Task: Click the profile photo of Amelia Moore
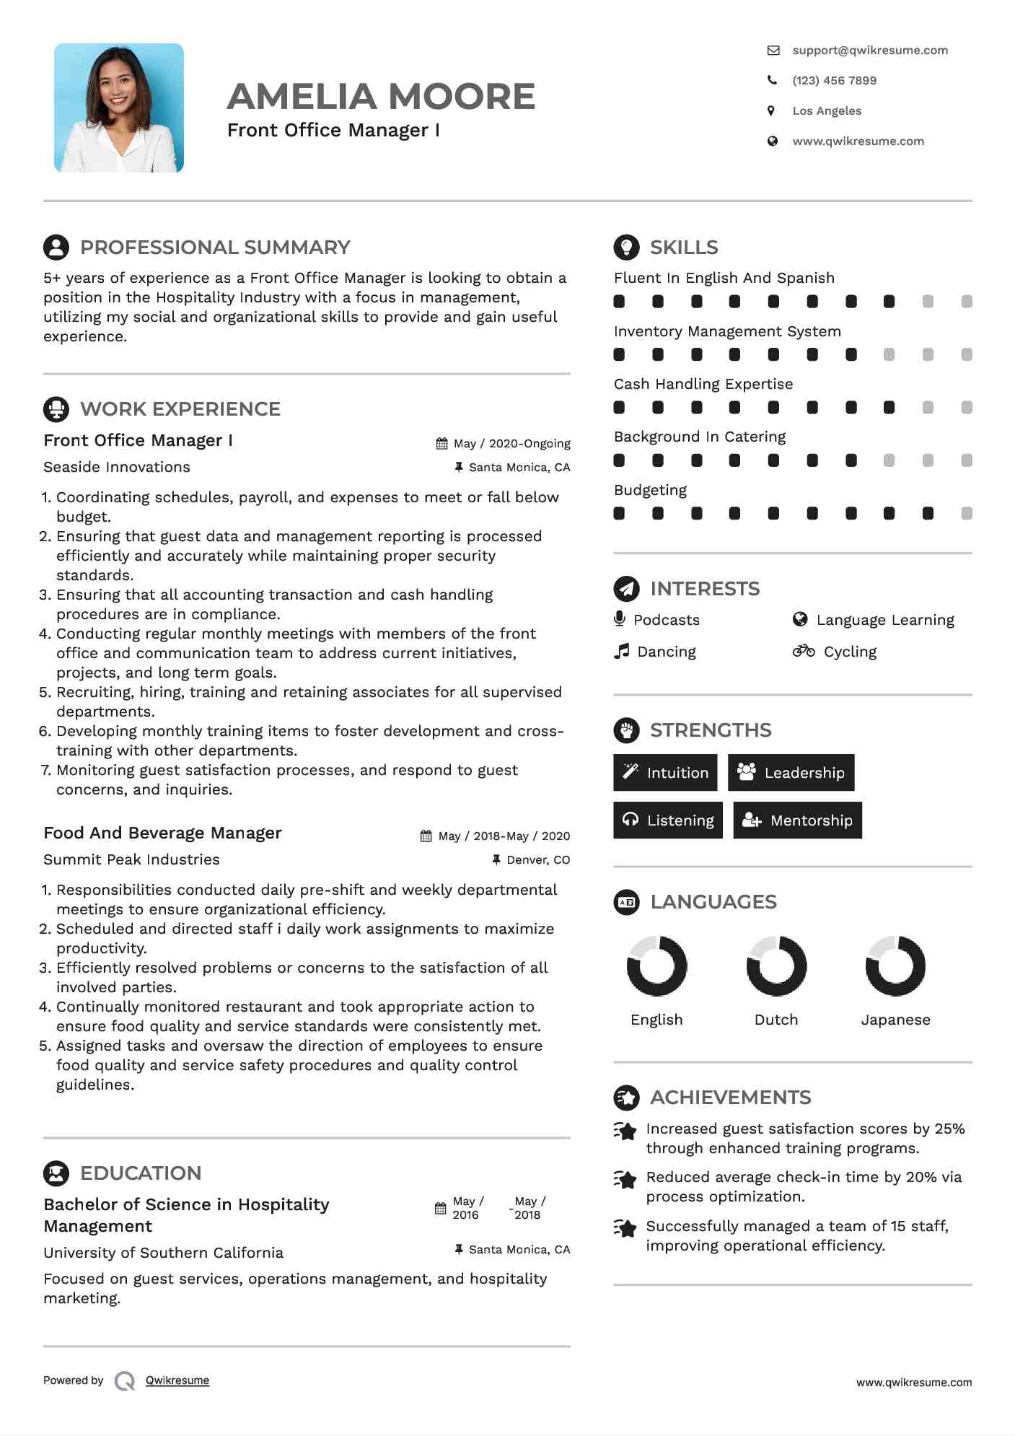click(x=119, y=108)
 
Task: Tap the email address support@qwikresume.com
click(x=869, y=51)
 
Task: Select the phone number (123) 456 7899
click(x=834, y=81)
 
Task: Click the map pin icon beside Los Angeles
click(x=771, y=111)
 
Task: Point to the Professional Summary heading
click(x=215, y=248)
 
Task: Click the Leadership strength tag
click(x=791, y=773)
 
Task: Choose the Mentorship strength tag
click(x=797, y=820)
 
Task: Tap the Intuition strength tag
click(x=665, y=773)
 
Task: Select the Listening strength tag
click(x=667, y=820)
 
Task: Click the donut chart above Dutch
click(x=776, y=966)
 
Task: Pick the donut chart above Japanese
click(x=895, y=966)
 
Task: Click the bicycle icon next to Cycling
click(x=803, y=652)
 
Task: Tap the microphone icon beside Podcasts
click(x=619, y=619)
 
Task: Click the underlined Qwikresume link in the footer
click(x=177, y=1380)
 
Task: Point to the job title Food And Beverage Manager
click(x=162, y=833)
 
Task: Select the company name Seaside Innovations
click(x=117, y=467)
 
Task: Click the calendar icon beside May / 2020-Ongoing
click(x=441, y=444)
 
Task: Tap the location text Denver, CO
click(x=538, y=860)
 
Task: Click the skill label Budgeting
click(x=650, y=490)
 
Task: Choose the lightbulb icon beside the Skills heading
click(x=626, y=248)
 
